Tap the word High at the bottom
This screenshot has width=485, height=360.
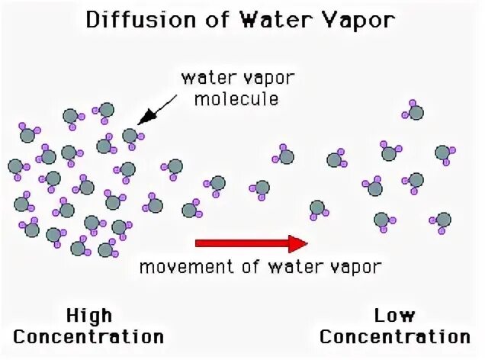pyautogui.click(x=89, y=315)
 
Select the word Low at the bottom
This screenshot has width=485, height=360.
pyautogui.click(x=395, y=315)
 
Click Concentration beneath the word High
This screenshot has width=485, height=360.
pyautogui.click(x=89, y=336)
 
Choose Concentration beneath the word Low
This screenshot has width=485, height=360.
pyautogui.click(x=395, y=336)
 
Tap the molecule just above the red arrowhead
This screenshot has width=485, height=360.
pyautogui.click(x=317, y=207)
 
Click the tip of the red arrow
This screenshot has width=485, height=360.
pyautogui.click(x=307, y=243)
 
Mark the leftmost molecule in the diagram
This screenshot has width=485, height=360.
pyautogui.click(x=15, y=166)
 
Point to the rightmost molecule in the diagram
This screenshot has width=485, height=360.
pyautogui.click(x=444, y=153)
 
